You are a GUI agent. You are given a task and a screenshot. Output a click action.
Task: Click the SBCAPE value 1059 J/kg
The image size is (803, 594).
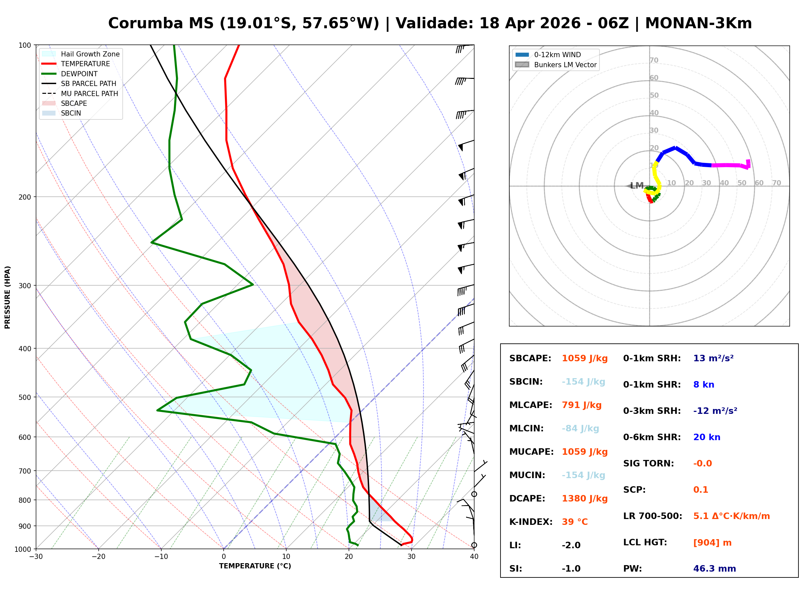click(x=585, y=358)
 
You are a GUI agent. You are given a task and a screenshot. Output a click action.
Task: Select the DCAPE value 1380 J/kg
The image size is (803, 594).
click(x=585, y=499)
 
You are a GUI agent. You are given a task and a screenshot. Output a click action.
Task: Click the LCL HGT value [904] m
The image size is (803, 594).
click(x=712, y=543)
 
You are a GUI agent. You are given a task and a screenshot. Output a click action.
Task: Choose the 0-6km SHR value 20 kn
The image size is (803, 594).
click(x=707, y=437)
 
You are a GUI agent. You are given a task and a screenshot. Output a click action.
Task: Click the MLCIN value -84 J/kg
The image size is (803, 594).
click(x=580, y=428)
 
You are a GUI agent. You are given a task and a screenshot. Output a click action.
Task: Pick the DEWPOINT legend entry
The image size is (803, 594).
click(x=79, y=74)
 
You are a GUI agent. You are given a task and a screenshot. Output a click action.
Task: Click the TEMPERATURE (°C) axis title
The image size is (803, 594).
click(x=255, y=566)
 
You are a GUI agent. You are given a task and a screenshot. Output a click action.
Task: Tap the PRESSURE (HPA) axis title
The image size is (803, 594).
click(x=7, y=297)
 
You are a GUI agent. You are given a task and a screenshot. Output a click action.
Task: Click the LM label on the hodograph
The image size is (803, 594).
click(x=636, y=186)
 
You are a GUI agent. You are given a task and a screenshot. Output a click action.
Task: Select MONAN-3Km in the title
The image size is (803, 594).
click(x=698, y=23)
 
